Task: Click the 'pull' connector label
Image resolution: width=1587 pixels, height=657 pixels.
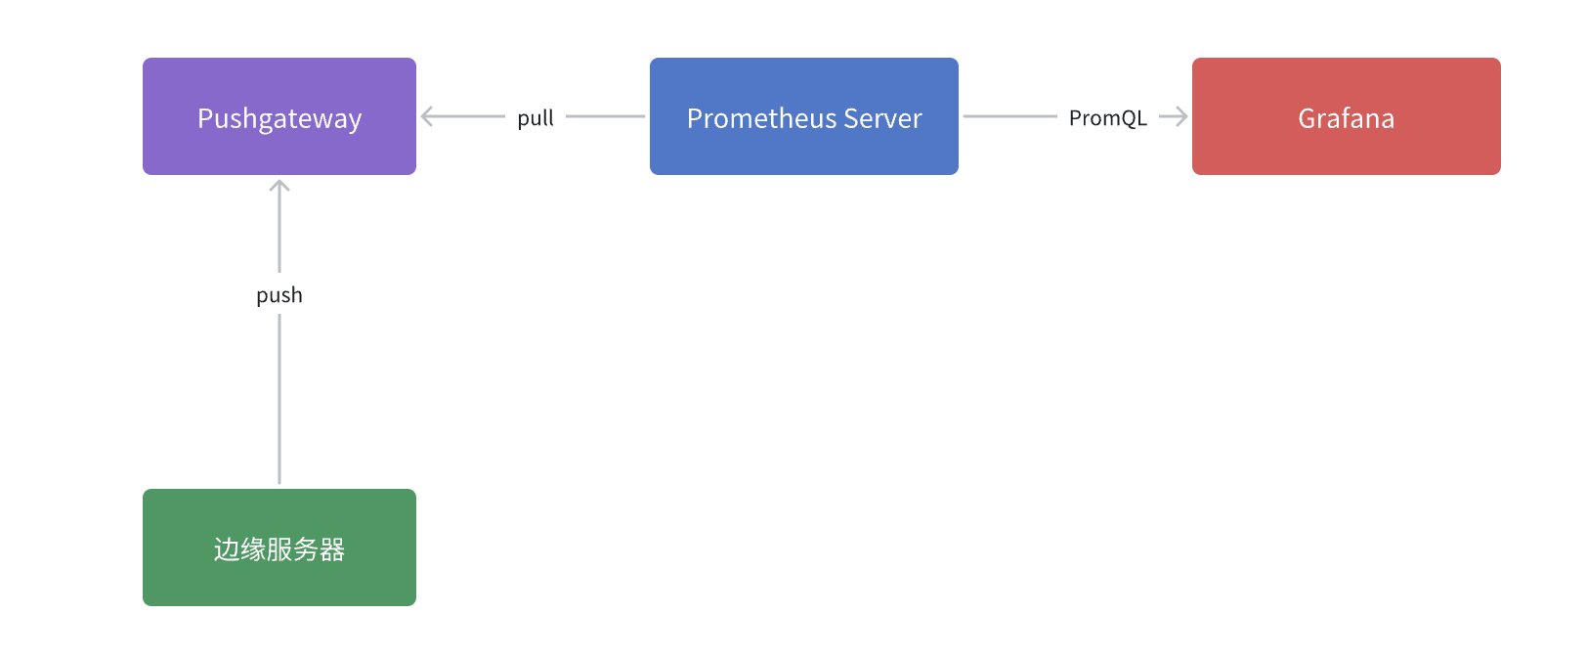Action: point(536,118)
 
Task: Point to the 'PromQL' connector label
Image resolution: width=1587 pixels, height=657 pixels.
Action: point(1107,118)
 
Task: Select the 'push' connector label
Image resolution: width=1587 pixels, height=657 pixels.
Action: point(279,295)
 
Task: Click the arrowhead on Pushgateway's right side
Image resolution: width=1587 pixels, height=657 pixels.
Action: point(427,116)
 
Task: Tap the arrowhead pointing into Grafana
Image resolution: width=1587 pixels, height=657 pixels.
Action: point(1180,116)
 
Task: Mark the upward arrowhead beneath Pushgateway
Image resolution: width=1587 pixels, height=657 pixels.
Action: point(279,186)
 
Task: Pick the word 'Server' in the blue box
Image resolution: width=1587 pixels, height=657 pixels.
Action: point(882,118)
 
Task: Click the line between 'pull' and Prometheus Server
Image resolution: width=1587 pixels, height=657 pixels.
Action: point(605,116)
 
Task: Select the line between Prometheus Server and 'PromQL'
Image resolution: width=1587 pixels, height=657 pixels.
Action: point(1009,116)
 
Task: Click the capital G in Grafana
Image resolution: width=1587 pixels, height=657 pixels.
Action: point(1307,118)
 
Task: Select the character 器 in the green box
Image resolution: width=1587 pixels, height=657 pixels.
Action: point(332,549)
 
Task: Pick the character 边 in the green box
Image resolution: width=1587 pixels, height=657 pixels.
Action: point(226,549)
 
